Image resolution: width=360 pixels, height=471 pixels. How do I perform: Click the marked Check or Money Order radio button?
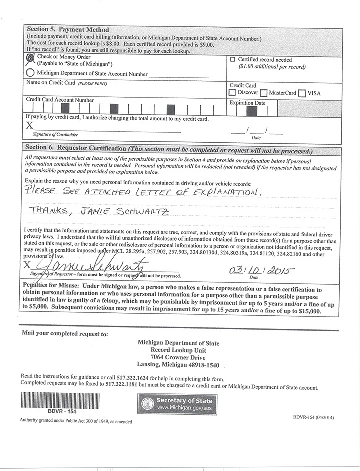coord(30,58)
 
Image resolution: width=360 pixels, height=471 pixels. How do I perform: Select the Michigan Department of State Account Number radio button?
coord(30,72)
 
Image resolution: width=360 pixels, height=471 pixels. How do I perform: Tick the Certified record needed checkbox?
coord(232,59)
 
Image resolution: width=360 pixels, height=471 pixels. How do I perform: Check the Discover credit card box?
coord(232,93)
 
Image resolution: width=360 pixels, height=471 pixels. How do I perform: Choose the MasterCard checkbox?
coord(263,93)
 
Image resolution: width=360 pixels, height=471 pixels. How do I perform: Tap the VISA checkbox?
coord(302,93)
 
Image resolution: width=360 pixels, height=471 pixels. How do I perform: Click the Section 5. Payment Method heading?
coord(68,30)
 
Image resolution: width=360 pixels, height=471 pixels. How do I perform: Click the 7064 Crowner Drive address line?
coord(178,358)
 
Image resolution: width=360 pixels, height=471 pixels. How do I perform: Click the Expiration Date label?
coord(247,103)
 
